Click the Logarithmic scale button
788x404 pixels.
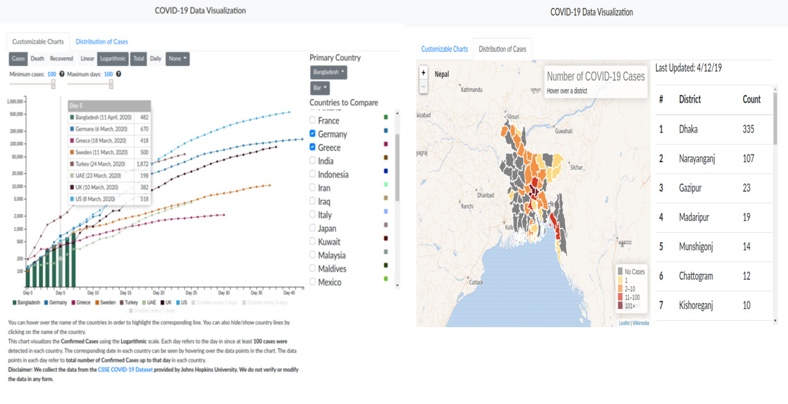click(x=113, y=58)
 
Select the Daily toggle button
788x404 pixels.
click(x=155, y=58)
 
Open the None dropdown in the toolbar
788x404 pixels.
click(x=177, y=58)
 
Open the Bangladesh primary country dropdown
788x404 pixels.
click(x=329, y=72)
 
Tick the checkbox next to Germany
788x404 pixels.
click(x=313, y=134)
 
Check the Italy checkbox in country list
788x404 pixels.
click(x=313, y=215)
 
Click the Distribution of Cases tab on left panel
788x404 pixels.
click(x=103, y=42)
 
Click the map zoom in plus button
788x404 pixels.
click(x=423, y=73)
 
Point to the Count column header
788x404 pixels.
click(x=751, y=99)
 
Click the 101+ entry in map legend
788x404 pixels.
click(x=629, y=306)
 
